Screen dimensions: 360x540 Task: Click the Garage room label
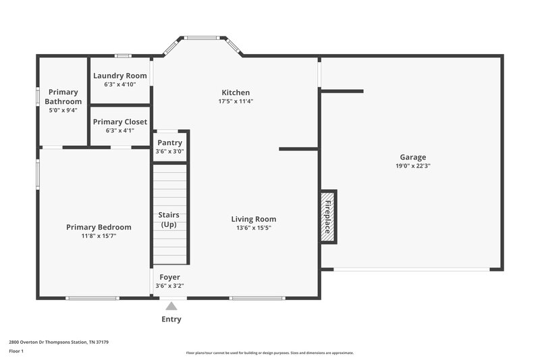412,157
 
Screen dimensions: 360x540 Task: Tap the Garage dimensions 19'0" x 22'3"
412,166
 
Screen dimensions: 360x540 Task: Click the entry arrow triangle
171,307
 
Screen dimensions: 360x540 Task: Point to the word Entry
171,319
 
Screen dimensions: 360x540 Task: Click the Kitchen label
236,93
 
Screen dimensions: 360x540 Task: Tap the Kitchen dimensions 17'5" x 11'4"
236,101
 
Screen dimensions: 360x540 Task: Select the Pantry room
169,147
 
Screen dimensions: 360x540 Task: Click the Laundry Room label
120,76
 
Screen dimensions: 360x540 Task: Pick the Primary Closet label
120,122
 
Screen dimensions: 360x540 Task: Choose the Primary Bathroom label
63,97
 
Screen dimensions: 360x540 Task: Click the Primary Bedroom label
99,227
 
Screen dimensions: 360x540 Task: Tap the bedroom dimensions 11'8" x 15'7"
99,236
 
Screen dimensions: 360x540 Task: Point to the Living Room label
253,219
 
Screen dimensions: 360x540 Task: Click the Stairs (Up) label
169,220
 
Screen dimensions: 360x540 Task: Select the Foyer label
169,277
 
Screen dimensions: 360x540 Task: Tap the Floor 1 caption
16,351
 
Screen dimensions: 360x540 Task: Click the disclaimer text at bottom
269,353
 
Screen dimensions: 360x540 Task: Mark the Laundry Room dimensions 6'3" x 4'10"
120,84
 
